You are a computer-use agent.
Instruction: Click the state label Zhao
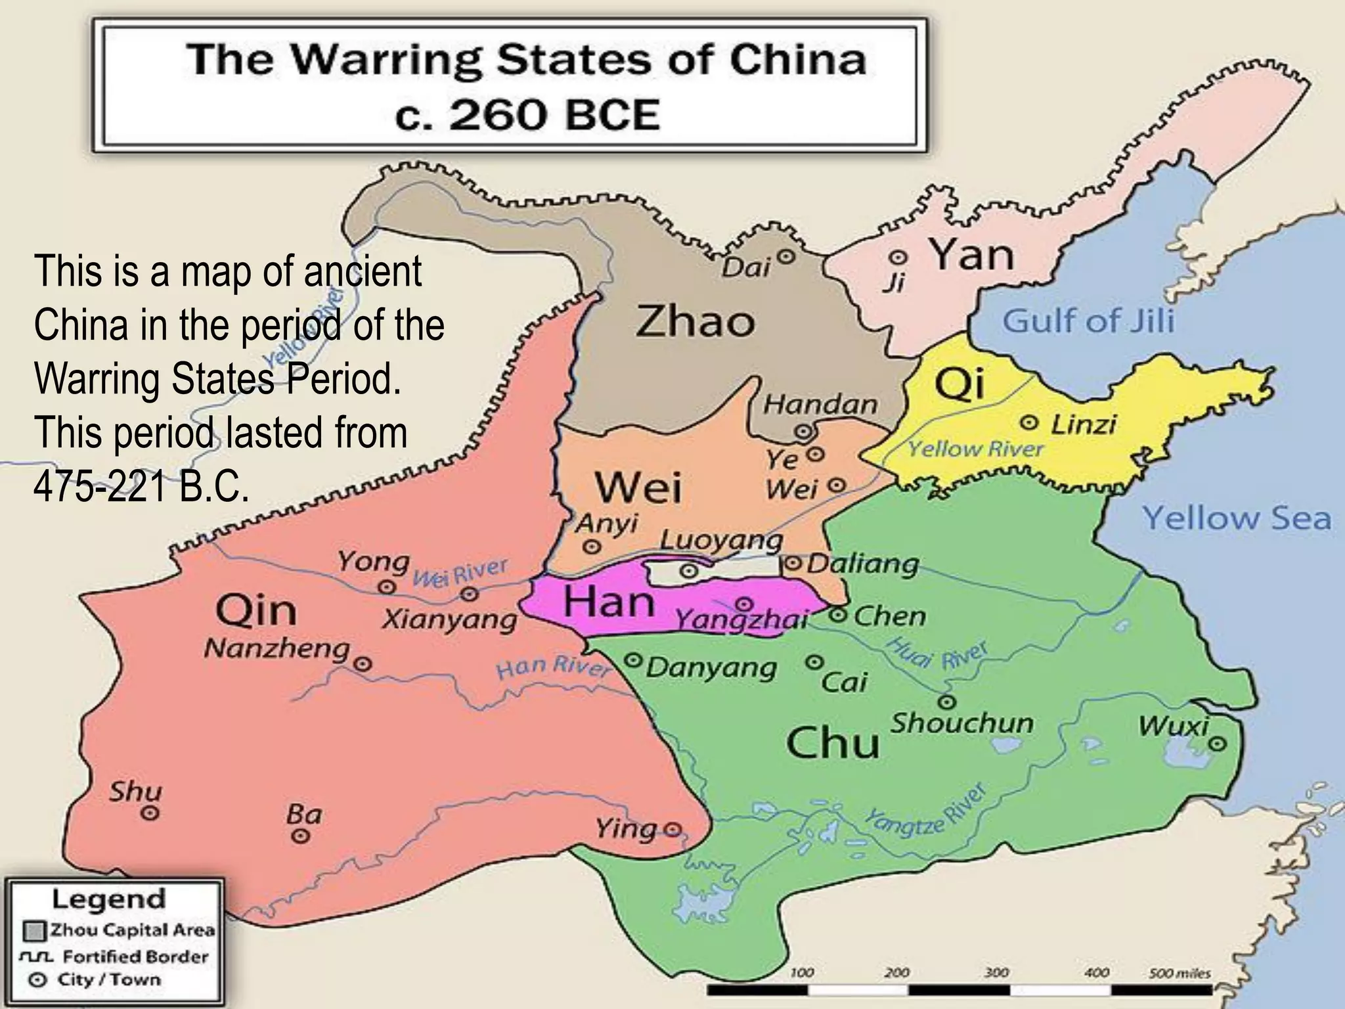[x=695, y=322]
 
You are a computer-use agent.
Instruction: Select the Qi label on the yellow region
[x=959, y=385]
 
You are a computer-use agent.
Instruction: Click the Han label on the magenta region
[x=609, y=602]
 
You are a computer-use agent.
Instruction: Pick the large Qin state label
[x=256, y=611]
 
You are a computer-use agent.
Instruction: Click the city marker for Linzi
[x=1030, y=422]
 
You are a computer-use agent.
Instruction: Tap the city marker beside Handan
[x=803, y=432]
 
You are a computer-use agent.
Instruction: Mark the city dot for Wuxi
[x=1218, y=744]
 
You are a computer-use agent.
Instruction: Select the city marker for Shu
[x=150, y=813]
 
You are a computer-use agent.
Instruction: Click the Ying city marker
[x=672, y=828]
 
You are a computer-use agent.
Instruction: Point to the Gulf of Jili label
[x=1088, y=322]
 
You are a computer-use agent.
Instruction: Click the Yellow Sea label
[x=1237, y=518]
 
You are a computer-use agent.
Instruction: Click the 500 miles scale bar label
[x=1180, y=973]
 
